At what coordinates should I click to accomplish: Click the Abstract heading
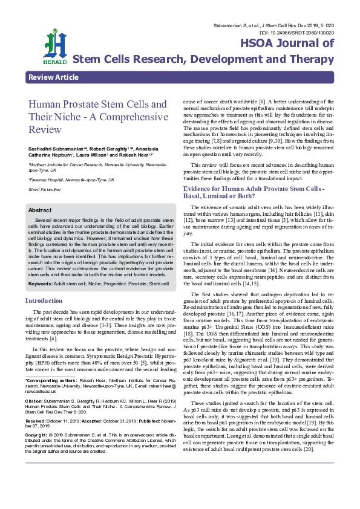pyautogui.click(x=40, y=210)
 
